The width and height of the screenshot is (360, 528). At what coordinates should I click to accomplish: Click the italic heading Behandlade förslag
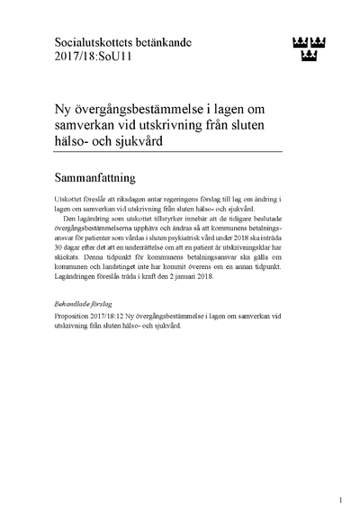tap(87, 306)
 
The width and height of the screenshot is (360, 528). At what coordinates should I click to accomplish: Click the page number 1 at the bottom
tap(339, 500)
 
